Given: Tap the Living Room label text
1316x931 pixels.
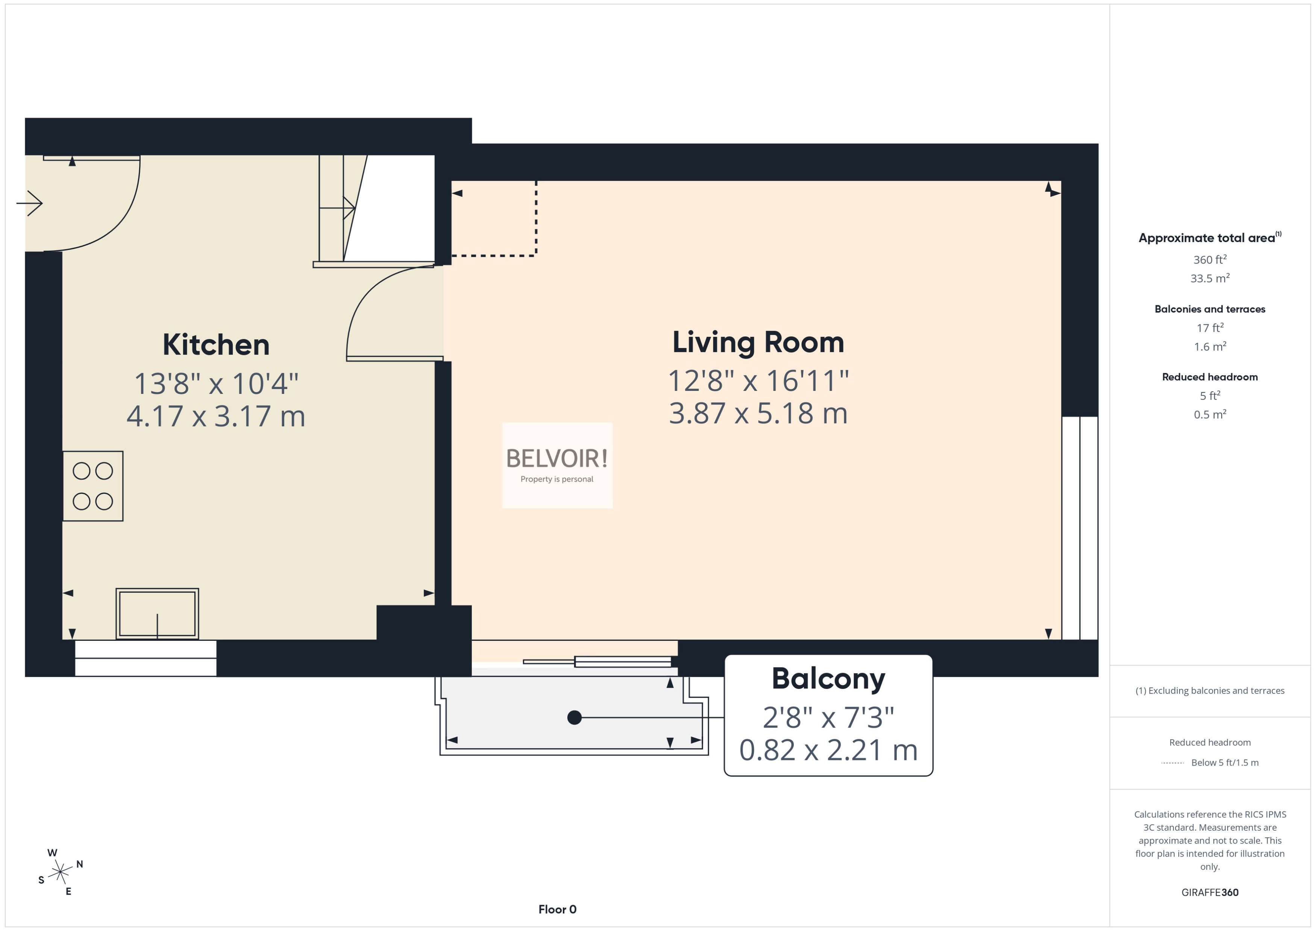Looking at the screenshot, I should coord(758,342).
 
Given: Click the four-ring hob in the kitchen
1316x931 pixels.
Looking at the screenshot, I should coord(92,486).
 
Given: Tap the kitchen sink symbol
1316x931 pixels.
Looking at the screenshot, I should coord(157,613).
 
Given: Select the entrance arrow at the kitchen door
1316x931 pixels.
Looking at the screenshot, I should coord(30,203).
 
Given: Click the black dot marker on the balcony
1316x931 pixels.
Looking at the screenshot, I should coord(574,717).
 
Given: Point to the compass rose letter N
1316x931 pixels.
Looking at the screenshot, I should coord(80,864).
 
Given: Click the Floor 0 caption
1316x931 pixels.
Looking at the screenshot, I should coord(557,909).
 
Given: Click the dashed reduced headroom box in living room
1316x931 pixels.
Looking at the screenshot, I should coord(494,218).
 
